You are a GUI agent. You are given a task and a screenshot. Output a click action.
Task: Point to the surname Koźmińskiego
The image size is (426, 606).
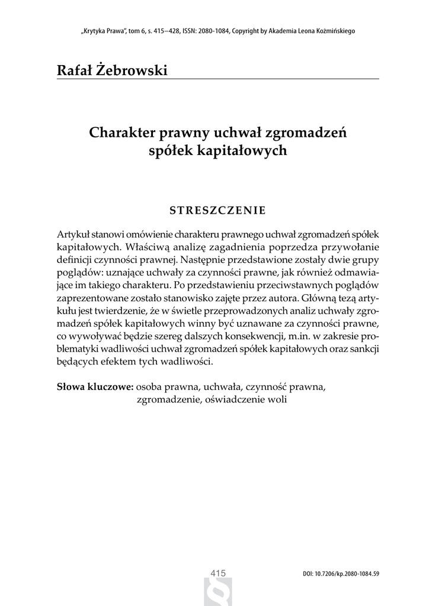(332, 31)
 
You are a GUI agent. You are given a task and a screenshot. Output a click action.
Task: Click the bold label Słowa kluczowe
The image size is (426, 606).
(95, 387)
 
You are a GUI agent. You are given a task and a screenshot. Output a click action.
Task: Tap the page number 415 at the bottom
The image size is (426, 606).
(219, 572)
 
